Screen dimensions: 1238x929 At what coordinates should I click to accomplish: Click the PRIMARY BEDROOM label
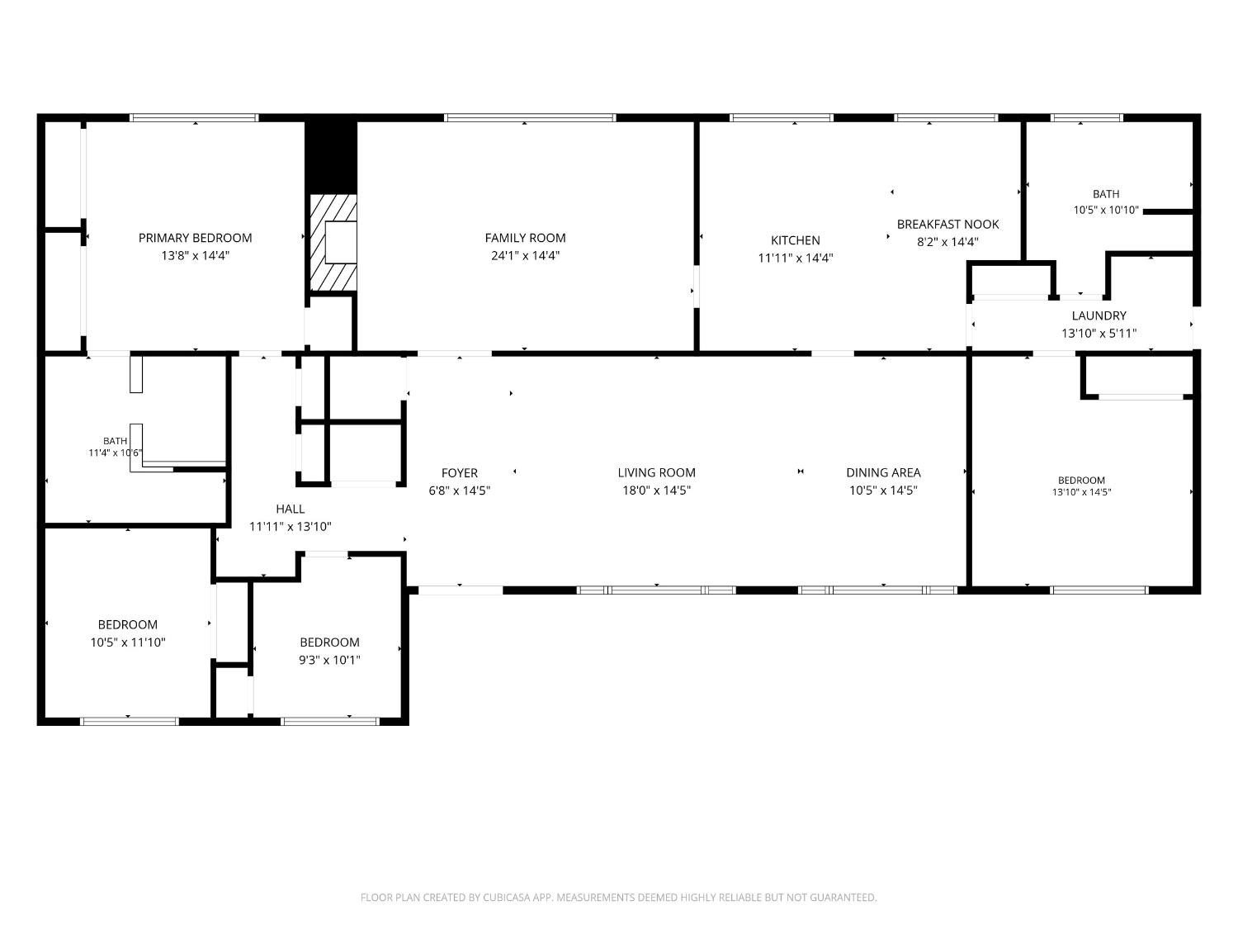pos(195,238)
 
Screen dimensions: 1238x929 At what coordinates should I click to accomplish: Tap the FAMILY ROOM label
pos(525,238)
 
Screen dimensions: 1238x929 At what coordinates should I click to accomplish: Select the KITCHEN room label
pos(796,240)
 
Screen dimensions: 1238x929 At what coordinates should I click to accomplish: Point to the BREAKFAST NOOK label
pos(947,225)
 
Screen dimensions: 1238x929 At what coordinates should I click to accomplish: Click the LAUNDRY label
pos(1099,316)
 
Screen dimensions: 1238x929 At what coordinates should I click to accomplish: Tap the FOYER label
pos(459,473)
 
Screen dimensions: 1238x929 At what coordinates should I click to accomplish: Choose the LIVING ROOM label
pos(656,472)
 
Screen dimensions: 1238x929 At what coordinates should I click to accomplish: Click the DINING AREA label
pos(883,472)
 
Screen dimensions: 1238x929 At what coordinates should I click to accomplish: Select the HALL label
pos(291,510)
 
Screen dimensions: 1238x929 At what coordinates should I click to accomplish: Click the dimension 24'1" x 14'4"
pos(525,256)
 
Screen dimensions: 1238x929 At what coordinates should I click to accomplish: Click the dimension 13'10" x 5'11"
pos(1099,334)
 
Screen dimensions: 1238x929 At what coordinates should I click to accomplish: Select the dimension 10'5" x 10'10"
pos(1106,211)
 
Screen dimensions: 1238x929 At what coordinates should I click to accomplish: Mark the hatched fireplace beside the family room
pos(333,243)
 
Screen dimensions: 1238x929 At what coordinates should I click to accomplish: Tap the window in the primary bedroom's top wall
pos(195,118)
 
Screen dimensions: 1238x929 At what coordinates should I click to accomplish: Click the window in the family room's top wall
pos(530,118)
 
